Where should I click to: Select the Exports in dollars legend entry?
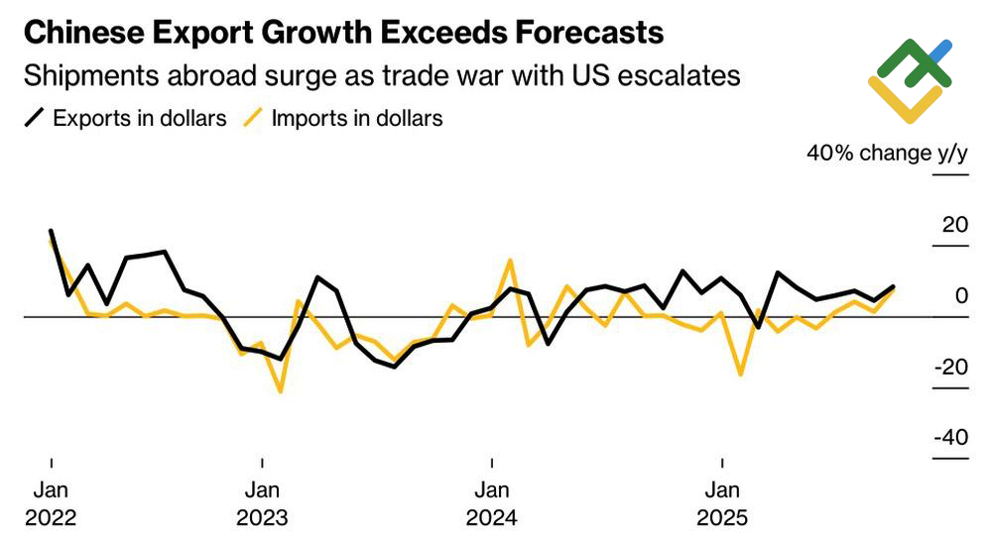[139, 118]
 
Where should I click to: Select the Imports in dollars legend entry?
[356, 118]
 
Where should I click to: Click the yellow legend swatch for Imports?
[253, 118]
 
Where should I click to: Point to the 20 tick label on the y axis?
[954, 225]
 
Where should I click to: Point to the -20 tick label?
[950, 367]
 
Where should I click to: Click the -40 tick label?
[950, 438]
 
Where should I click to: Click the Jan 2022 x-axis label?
[50, 503]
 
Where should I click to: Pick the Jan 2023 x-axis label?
[262, 503]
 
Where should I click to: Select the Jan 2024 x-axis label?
[492, 503]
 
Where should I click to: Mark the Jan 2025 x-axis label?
[722, 503]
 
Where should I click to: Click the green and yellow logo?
[910, 79]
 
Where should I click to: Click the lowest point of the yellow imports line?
[281, 391]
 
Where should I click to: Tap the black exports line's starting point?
[51, 231]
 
